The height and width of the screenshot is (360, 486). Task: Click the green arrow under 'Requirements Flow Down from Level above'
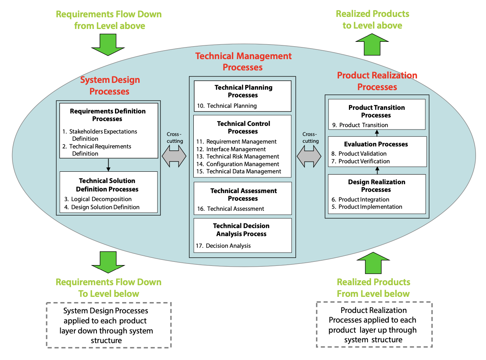108,44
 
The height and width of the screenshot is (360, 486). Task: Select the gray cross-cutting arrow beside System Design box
174,156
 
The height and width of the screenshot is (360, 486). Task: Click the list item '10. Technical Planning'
227,106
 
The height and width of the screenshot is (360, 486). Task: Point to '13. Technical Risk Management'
238,156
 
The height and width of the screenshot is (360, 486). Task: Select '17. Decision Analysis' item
223,246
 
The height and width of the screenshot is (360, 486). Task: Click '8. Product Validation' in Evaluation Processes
359,154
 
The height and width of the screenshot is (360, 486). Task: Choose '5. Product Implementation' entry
367,207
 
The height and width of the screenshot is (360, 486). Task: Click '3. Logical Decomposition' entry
98,199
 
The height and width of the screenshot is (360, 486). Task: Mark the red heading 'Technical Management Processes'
243,62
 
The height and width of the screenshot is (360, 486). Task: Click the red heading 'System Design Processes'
110,86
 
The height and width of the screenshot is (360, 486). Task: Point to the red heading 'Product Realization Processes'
377,81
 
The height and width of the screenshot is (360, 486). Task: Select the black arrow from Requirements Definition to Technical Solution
108,165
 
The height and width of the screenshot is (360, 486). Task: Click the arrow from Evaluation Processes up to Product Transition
377,133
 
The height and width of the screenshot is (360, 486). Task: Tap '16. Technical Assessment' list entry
230,209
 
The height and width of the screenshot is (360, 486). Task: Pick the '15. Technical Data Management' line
239,171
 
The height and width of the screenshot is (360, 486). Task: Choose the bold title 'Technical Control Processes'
243,127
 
